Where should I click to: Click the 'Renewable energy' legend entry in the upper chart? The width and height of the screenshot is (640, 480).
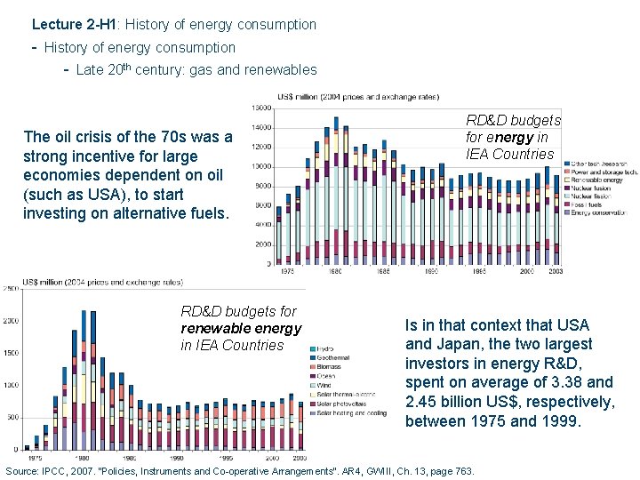tap(598, 179)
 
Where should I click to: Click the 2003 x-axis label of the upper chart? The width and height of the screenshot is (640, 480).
tap(553, 270)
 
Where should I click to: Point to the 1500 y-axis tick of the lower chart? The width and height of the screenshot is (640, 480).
tap(11, 353)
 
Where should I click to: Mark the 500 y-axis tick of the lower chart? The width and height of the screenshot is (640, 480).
tap(12, 417)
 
